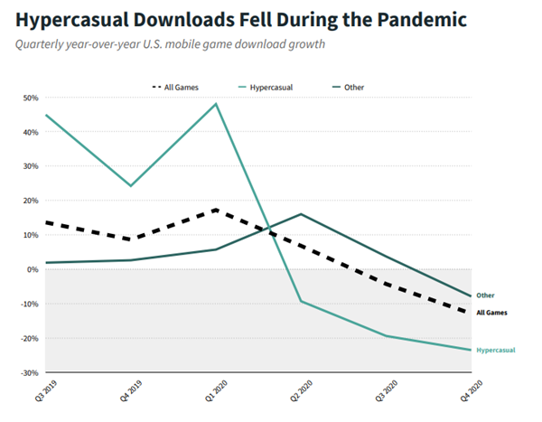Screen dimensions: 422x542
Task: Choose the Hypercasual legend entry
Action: (x=268, y=87)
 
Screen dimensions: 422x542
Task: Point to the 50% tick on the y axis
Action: (x=31, y=98)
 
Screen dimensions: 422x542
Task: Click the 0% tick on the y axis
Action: (x=33, y=269)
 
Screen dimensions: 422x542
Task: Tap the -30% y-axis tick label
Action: (x=30, y=372)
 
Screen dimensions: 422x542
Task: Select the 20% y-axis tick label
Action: (x=31, y=201)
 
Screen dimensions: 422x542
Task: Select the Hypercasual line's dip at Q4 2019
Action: (x=131, y=186)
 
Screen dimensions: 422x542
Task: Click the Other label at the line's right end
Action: (x=486, y=295)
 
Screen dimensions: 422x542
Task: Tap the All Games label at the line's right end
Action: (x=491, y=313)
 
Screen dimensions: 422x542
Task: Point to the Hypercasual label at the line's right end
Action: (x=495, y=350)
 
